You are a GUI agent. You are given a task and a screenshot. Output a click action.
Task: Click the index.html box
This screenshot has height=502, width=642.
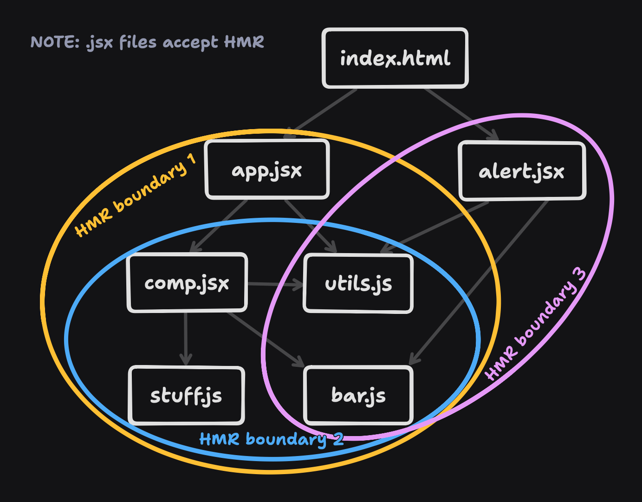tap(395, 58)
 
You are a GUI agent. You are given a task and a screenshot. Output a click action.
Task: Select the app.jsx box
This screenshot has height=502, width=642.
tap(267, 170)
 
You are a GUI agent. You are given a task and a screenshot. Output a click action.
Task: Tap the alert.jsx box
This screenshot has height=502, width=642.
tap(522, 171)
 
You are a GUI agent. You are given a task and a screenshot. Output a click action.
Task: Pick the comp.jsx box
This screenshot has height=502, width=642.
tap(187, 283)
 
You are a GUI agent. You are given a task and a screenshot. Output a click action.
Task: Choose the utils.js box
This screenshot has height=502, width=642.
tap(358, 283)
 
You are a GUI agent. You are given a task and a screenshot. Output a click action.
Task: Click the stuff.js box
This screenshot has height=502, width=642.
tap(186, 395)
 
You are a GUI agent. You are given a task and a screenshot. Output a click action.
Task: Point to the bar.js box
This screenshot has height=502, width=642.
tap(358, 395)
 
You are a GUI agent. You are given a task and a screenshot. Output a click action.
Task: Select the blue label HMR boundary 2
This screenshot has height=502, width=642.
tap(272, 439)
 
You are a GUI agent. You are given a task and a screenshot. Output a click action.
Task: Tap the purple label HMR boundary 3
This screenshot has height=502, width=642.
tap(536, 325)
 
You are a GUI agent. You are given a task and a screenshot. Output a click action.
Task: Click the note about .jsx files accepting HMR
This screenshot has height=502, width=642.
tap(147, 42)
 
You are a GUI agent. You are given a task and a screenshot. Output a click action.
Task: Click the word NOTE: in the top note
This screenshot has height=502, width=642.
tap(55, 42)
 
